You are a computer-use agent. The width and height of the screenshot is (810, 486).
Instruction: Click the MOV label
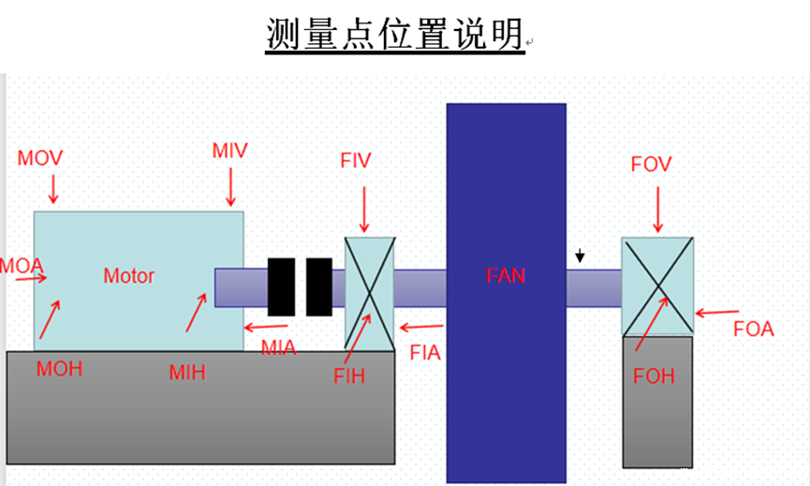pos(40,157)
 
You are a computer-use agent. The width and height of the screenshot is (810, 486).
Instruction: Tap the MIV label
pos(229,151)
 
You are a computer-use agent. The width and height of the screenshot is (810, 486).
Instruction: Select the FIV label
pos(357,160)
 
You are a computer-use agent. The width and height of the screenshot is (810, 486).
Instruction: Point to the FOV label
pos(654,167)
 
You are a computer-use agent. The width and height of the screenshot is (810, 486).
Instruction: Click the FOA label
pos(754,328)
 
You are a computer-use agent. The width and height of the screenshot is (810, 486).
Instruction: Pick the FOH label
pos(654,376)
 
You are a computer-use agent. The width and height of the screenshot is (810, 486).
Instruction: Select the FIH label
pos(349,376)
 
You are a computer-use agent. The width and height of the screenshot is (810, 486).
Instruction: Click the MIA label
pos(278,348)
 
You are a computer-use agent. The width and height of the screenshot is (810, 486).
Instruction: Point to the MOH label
pos(60,368)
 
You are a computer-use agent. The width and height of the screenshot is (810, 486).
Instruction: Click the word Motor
pos(128,276)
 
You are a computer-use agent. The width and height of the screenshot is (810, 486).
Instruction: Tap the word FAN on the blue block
pos(506,275)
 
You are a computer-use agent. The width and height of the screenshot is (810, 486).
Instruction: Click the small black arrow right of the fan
pos(581,255)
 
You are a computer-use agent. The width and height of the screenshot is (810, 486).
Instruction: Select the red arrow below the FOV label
pos(658,209)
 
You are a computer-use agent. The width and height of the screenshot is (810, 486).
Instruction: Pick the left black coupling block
pos(282,287)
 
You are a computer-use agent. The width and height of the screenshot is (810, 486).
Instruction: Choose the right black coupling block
pos(319,287)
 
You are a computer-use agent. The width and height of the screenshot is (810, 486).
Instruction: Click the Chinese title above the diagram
pos(393,36)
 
